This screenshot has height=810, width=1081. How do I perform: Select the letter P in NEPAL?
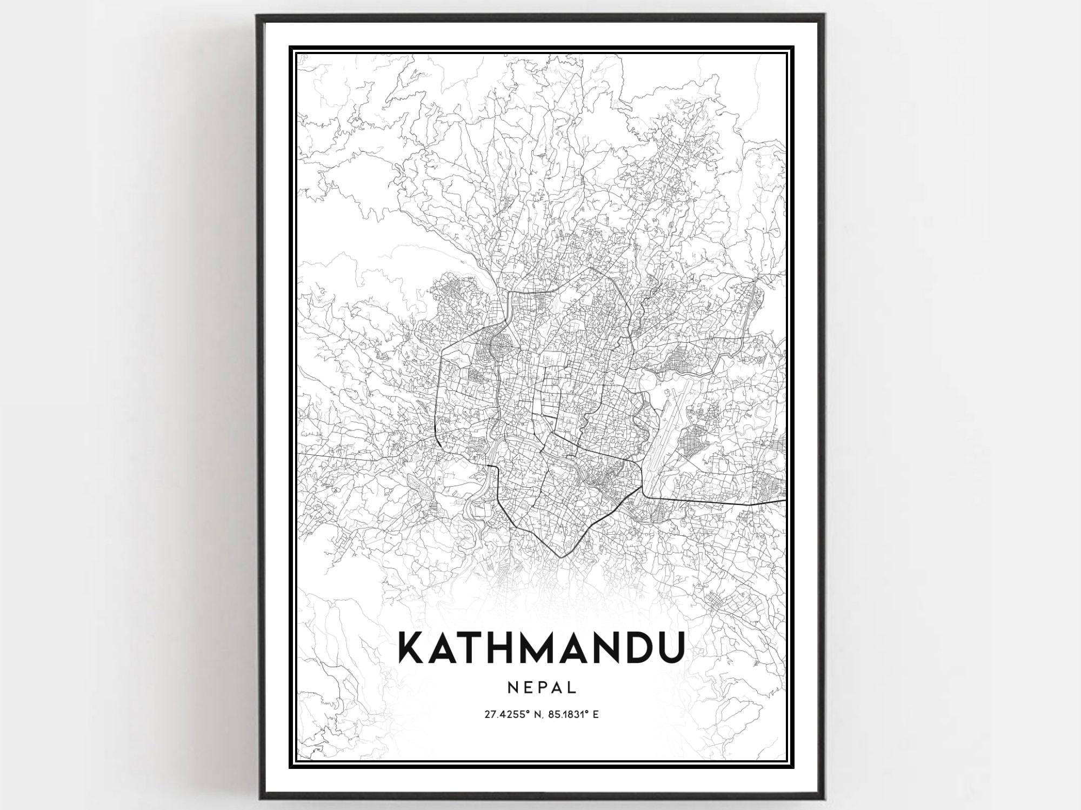point(542,687)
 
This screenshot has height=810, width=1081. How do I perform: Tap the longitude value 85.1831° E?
point(573,714)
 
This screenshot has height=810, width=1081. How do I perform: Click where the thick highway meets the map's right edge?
point(784,500)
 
